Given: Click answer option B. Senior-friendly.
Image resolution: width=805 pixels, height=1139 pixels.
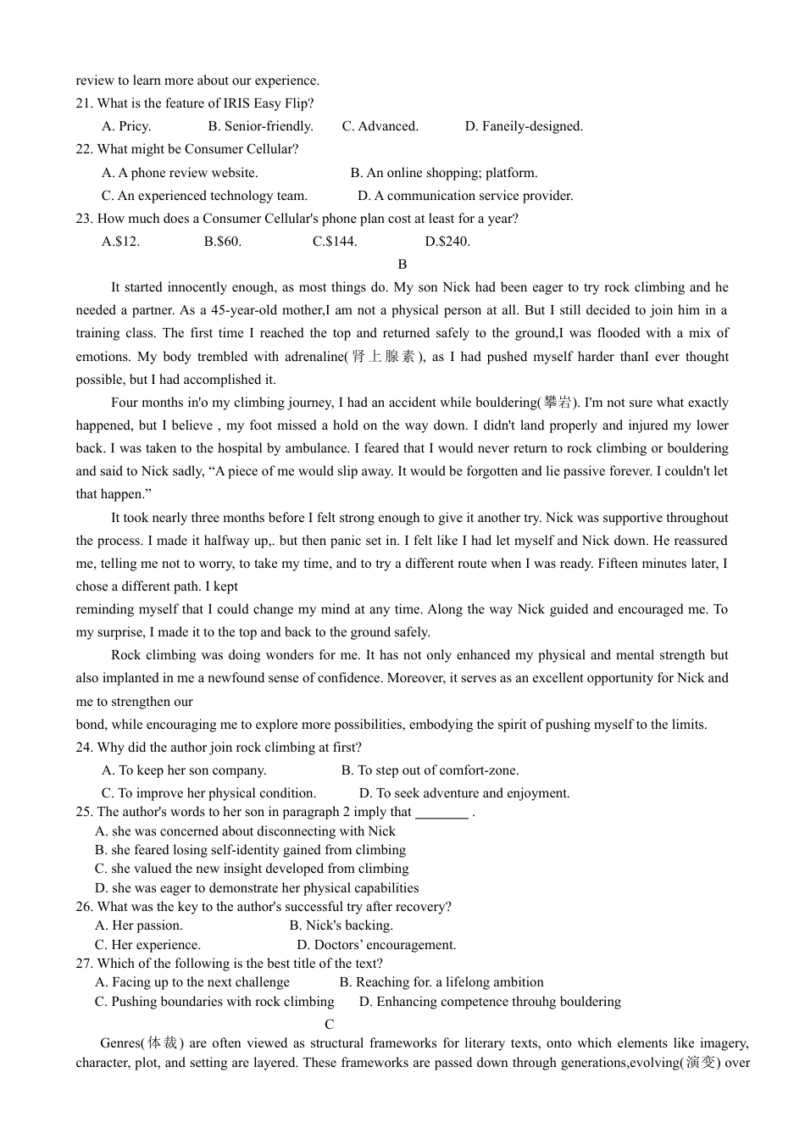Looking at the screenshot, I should point(260,126).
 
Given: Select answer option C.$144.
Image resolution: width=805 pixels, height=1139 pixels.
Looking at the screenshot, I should point(335,242).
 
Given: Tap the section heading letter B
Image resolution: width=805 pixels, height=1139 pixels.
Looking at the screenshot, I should point(402,264).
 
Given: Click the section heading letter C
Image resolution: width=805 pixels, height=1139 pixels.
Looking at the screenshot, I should point(330,1025).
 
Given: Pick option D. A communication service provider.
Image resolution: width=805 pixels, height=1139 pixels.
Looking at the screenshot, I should point(465,196).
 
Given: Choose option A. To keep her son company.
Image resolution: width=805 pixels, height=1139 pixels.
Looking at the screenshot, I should point(184,770).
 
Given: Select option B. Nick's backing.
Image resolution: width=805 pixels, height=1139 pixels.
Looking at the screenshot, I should point(341,925).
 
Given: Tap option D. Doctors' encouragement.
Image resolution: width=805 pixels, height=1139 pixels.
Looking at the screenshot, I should point(376,945).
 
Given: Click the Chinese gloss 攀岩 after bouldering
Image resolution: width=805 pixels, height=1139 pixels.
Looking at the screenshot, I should point(558,403).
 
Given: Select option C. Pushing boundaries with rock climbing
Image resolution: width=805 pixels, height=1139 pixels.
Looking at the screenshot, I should point(214,1002).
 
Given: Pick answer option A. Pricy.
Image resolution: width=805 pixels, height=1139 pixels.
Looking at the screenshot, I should point(126,126).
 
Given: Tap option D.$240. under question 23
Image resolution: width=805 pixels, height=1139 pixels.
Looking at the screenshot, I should point(447,242).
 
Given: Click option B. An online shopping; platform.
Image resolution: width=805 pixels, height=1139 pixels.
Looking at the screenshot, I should point(444,173).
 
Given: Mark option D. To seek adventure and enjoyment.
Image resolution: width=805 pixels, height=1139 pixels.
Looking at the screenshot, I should point(464,793).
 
